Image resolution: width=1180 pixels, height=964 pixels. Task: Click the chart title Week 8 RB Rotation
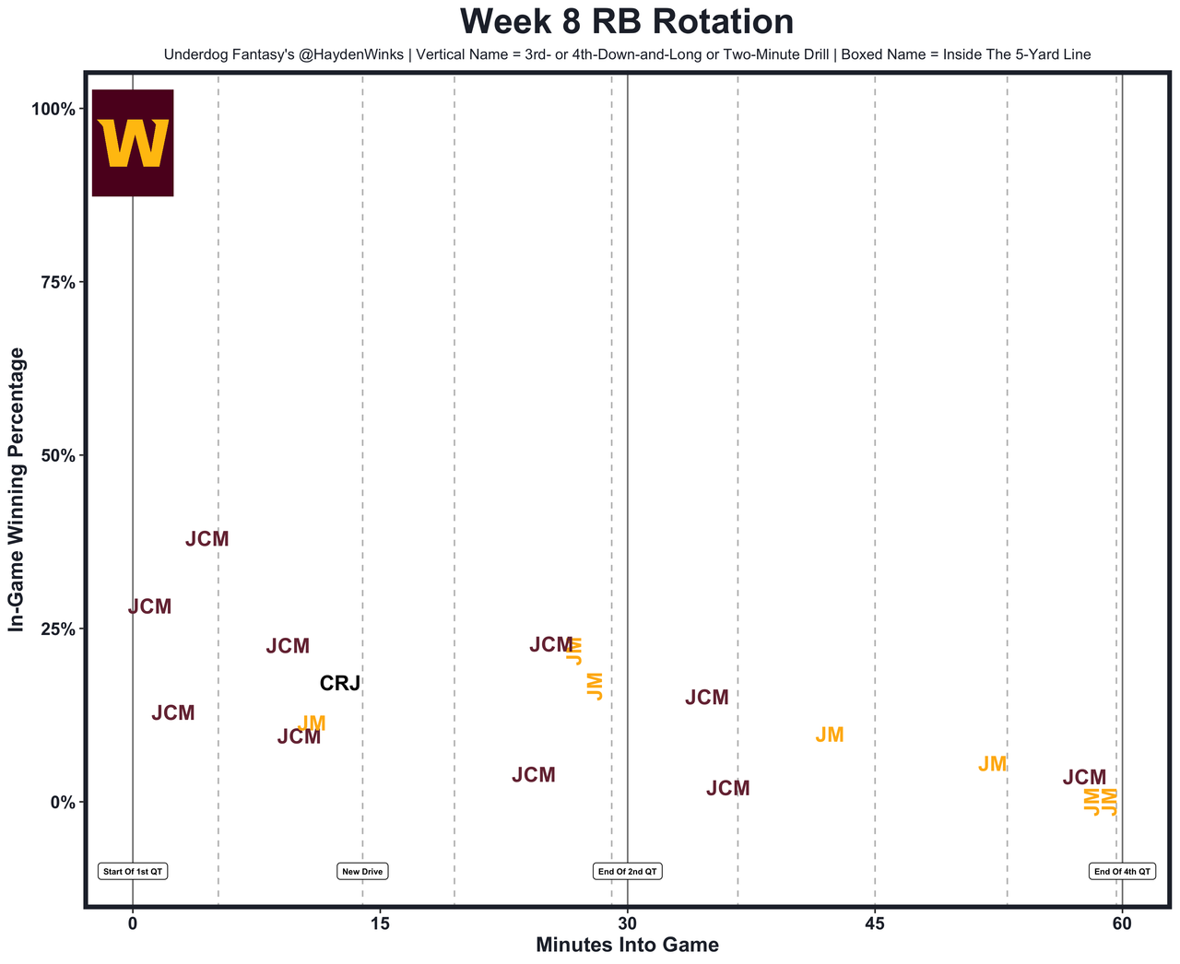point(626,22)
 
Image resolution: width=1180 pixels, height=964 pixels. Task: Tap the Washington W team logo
point(133,143)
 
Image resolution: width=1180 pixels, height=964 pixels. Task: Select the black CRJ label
point(339,684)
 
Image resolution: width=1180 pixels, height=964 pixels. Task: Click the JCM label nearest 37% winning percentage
point(206,540)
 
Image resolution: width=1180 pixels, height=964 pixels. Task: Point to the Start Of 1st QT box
point(133,871)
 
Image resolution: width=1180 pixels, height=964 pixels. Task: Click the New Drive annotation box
point(362,871)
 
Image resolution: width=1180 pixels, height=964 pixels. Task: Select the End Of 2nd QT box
point(627,871)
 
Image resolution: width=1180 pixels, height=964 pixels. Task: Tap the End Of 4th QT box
point(1122,871)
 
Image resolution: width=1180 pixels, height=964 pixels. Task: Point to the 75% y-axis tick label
point(56,282)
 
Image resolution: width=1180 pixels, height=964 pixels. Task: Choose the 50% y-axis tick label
point(56,455)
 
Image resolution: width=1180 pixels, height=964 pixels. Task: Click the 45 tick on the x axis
point(874,923)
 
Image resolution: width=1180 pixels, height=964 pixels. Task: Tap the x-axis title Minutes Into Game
point(627,946)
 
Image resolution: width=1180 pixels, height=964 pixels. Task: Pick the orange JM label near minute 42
point(830,735)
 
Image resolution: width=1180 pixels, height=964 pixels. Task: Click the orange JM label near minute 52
point(993,765)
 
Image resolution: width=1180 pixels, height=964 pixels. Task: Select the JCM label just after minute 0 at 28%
point(149,607)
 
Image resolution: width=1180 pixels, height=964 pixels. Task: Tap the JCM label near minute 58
point(1084,778)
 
